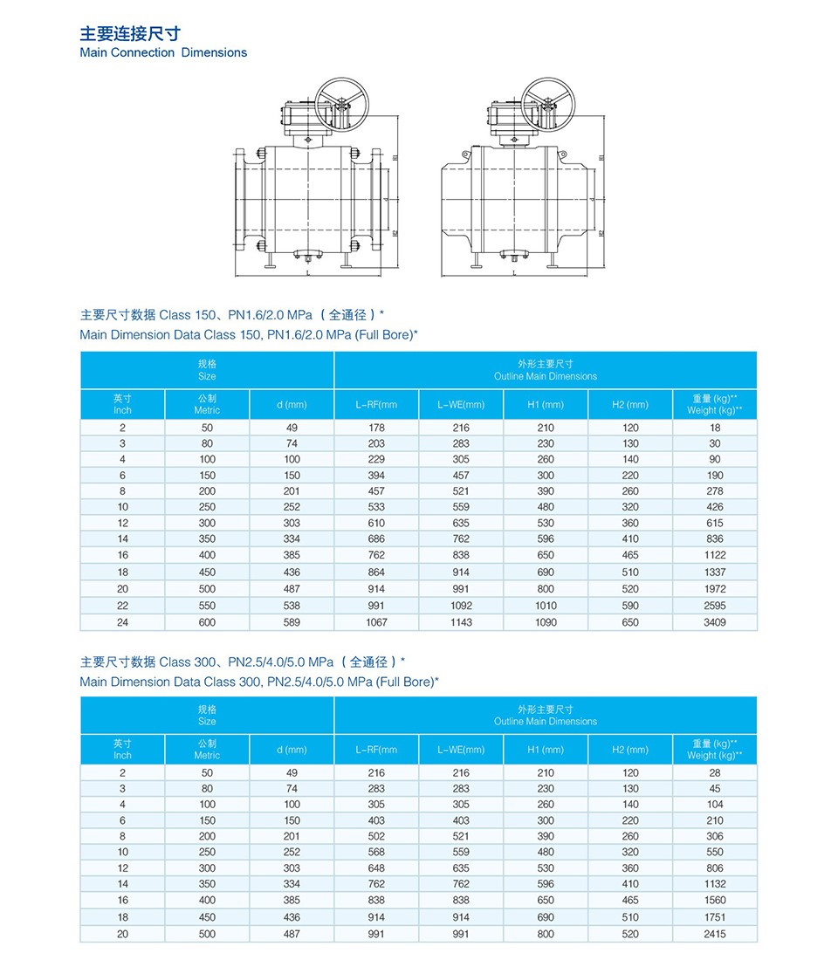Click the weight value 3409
715,622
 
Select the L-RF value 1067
376,622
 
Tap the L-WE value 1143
461,622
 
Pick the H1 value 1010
546,605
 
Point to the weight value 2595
715,605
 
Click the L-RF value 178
376,428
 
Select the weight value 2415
715,933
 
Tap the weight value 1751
715,917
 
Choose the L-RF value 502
376,836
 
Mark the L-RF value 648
376,868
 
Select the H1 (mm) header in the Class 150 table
546,405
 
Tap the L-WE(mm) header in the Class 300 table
461,750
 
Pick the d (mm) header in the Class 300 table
292,750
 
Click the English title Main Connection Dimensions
163,52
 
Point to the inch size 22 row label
123,605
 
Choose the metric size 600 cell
207,622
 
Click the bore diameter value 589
292,622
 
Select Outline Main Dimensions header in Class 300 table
546,721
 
